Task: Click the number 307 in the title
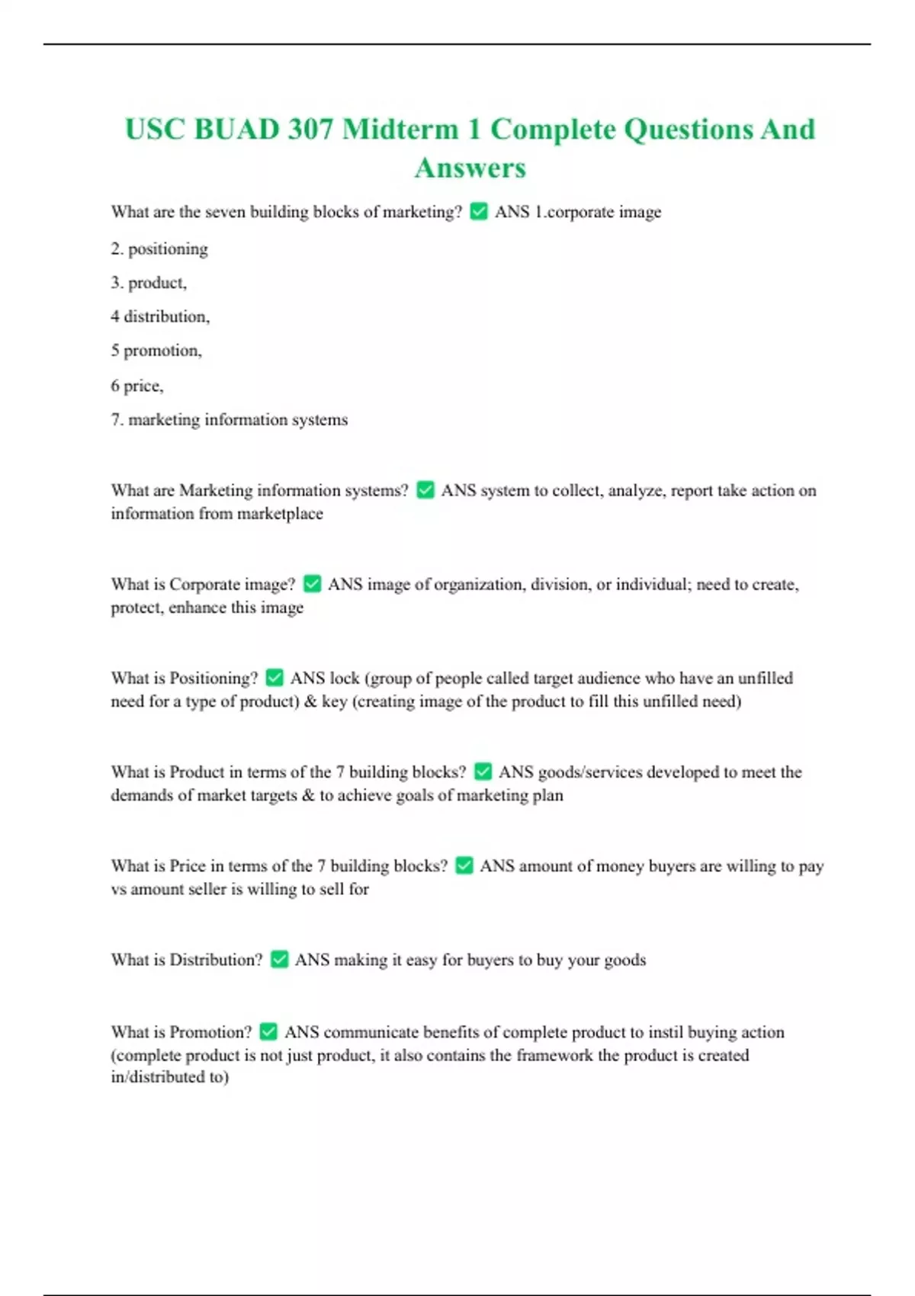click(x=310, y=129)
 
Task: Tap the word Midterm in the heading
click(x=400, y=129)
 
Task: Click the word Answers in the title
click(x=470, y=168)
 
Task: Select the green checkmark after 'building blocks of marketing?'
click(x=479, y=211)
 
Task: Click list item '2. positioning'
click(x=159, y=249)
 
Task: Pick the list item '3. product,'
click(x=149, y=283)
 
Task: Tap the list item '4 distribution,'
click(x=160, y=316)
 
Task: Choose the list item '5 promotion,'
click(x=156, y=351)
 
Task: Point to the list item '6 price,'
click(x=137, y=386)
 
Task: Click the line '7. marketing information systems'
click(x=230, y=419)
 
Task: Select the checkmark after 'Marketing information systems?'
click(x=425, y=490)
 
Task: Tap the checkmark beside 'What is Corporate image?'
click(x=312, y=584)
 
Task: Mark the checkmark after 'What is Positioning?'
click(x=274, y=678)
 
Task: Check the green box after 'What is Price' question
click(x=464, y=865)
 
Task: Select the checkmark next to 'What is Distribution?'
click(x=280, y=959)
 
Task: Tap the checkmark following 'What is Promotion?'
click(x=268, y=1031)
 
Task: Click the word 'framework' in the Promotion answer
click(x=554, y=1055)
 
